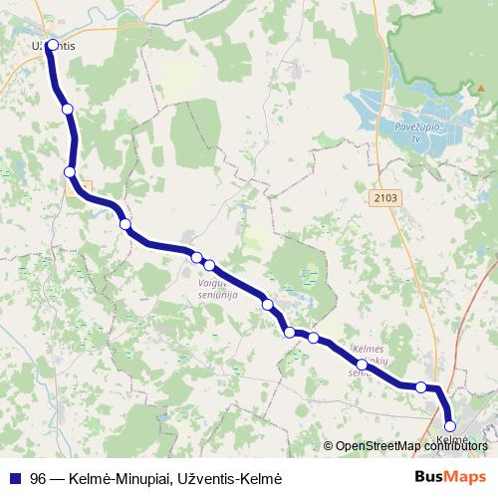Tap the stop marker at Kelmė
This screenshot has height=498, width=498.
[450, 426]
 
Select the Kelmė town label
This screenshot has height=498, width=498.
[451, 439]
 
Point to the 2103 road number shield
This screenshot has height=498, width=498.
[387, 198]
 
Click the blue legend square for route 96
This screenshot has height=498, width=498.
[14, 476]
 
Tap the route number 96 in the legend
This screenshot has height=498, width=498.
[38, 476]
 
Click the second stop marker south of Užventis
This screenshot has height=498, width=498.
[70, 172]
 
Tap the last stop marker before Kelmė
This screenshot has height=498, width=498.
[421, 387]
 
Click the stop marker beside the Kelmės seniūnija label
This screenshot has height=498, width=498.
[362, 366]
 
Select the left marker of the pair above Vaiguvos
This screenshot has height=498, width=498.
[197, 258]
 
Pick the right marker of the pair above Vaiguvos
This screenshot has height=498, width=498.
[209, 265]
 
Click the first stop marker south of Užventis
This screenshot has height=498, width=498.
[67, 109]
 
